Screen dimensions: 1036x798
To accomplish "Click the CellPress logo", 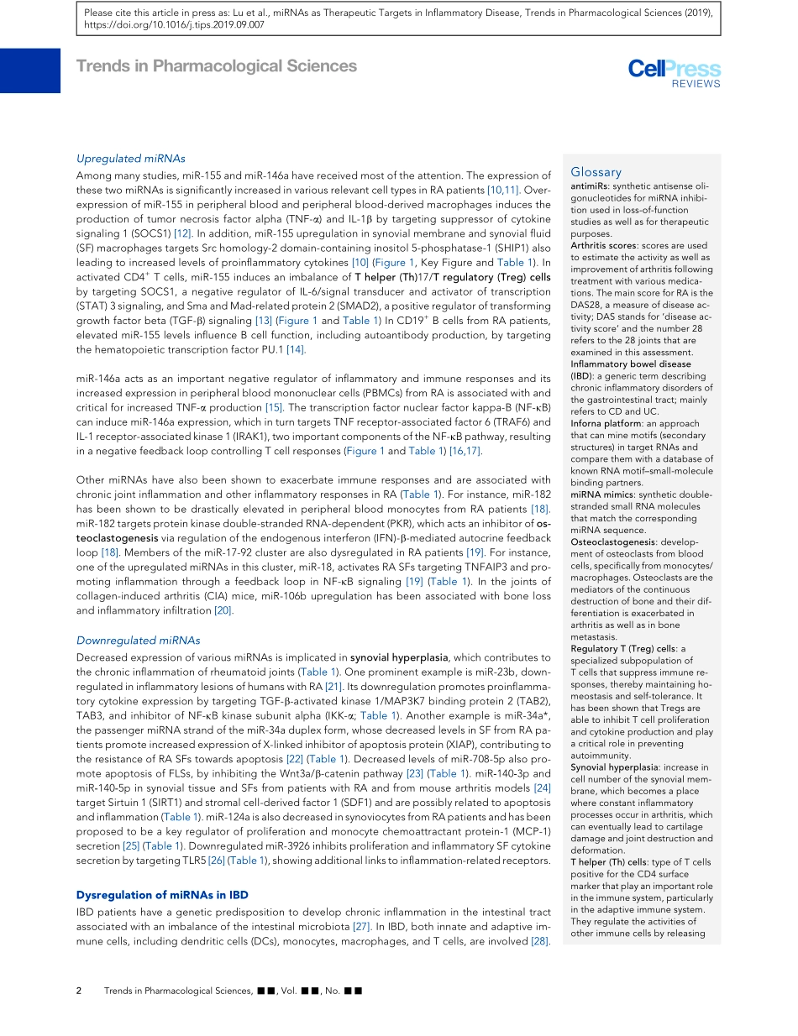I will click(x=674, y=69).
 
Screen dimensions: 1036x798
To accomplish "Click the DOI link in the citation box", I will click(x=181, y=25).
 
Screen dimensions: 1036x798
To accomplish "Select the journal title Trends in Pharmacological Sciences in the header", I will click(x=217, y=66).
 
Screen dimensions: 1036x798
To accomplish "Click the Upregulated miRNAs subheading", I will click(x=130, y=158).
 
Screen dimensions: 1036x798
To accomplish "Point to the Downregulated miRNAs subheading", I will click(x=138, y=640).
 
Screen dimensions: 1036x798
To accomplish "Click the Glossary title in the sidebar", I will click(x=596, y=172).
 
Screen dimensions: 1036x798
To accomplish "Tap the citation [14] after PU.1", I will click(x=295, y=349).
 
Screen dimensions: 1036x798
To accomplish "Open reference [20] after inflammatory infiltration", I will click(x=223, y=610).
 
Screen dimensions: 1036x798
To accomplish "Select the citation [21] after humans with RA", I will click(x=333, y=686).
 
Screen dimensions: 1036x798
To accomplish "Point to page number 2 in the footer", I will click(x=79, y=991).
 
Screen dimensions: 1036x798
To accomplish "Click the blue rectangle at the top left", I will click(x=30, y=71).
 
